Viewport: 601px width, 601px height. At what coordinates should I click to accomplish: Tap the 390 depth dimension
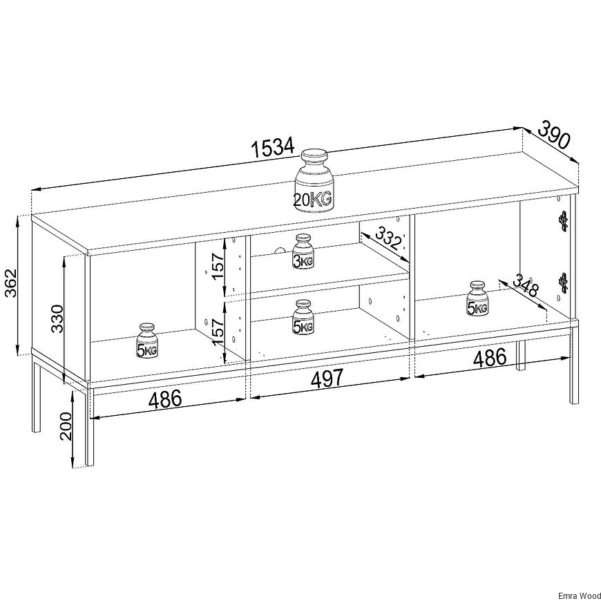tap(554, 134)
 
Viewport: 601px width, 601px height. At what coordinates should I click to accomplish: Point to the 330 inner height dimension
tap(57, 318)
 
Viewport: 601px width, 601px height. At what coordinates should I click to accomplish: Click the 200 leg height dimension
tap(66, 426)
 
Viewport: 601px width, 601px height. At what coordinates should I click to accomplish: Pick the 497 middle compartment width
tap(327, 378)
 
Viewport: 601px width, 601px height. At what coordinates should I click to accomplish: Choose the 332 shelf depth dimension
tap(388, 238)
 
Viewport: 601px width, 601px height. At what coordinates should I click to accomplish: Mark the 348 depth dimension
tap(526, 285)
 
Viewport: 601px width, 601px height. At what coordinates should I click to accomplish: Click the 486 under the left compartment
tap(165, 399)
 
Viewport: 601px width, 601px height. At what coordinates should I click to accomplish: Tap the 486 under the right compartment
tap(490, 358)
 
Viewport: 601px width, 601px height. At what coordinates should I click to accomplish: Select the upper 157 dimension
tap(218, 267)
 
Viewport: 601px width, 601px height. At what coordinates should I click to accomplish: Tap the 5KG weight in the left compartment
tap(147, 341)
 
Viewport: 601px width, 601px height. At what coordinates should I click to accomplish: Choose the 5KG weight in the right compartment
tap(477, 298)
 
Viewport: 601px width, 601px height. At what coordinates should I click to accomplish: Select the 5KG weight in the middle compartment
tap(303, 317)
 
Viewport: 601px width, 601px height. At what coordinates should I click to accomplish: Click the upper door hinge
tap(563, 222)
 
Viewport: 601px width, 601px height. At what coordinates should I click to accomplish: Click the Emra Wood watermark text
tap(579, 596)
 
